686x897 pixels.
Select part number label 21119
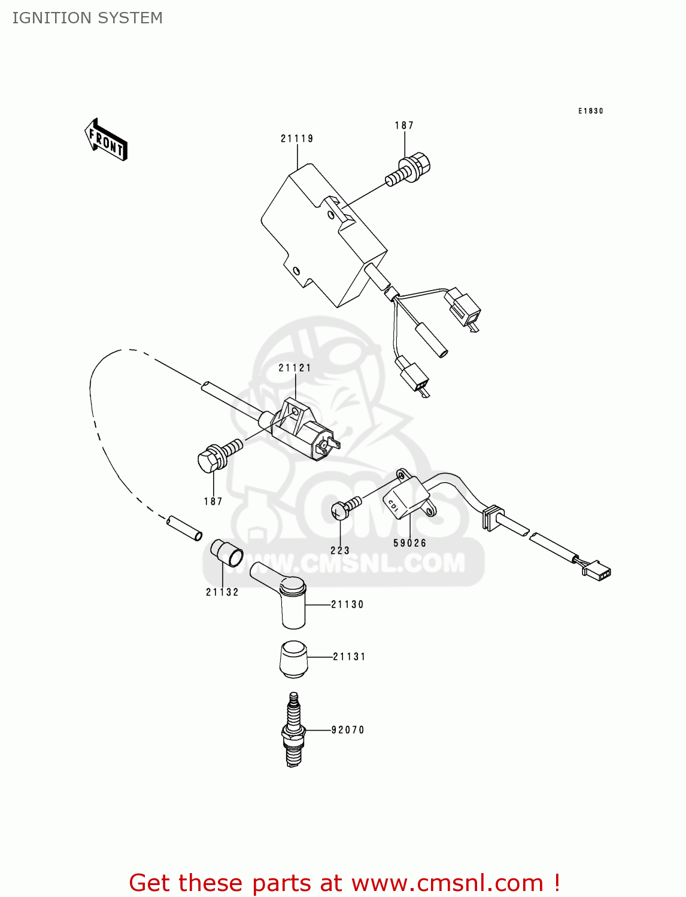pyautogui.click(x=297, y=139)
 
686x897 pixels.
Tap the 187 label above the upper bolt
pyautogui.click(x=404, y=126)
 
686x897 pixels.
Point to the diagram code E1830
pyautogui.click(x=590, y=111)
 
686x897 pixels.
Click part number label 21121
pyautogui.click(x=295, y=368)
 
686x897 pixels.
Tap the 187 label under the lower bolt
pyautogui.click(x=213, y=502)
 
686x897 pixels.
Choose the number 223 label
pyautogui.click(x=340, y=551)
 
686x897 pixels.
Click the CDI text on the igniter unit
pyautogui.click(x=393, y=505)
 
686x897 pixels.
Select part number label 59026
pyautogui.click(x=410, y=544)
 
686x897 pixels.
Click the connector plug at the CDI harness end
pyautogui.click(x=597, y=570)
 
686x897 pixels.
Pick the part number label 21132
pyautogui.click(x=222, y=593)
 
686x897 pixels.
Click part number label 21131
pyautogui.click(x=349, y=657)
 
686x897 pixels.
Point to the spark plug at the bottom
pyautogui.click(x=293, y=730)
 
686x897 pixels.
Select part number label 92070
pyautogui.click(x=348, y=730)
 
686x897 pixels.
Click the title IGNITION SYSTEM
pyautogui.click(x=87, y=18)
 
